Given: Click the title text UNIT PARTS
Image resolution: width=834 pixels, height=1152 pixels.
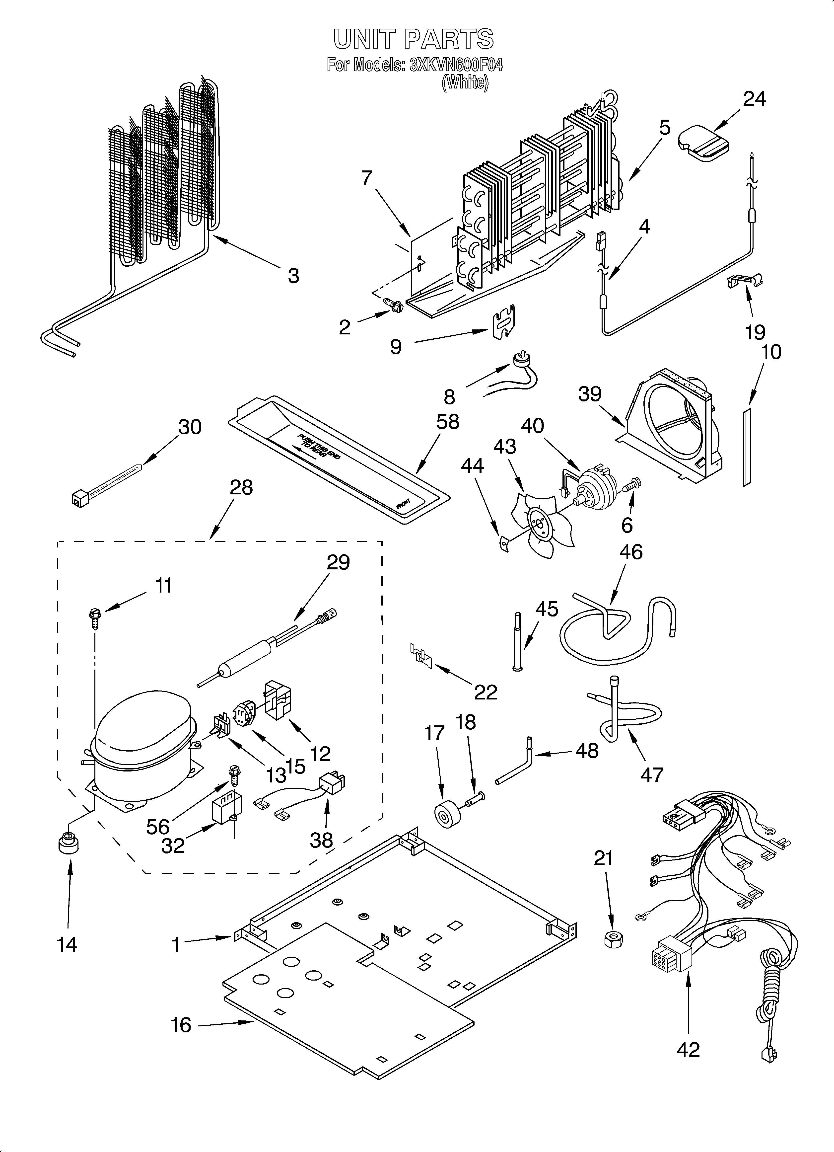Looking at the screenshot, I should (413, 39).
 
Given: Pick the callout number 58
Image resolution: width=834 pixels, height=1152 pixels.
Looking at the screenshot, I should (447, 422).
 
